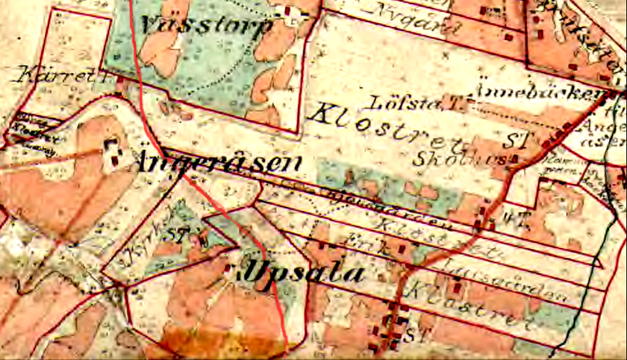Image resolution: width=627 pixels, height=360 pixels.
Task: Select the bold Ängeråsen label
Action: coord(220,162)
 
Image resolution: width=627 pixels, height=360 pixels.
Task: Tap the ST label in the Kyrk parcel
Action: coord(178,234)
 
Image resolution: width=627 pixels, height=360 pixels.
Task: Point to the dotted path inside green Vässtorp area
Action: coord(224,82)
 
